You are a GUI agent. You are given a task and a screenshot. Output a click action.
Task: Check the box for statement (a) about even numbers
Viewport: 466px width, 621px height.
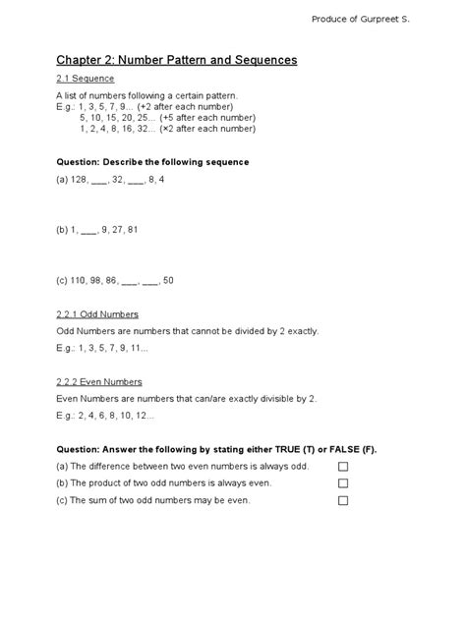(344, 467)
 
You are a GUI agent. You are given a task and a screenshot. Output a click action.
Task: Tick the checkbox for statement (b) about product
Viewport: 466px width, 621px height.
(344, 483)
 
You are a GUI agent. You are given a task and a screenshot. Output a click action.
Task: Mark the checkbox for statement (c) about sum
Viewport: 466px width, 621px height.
(344, 500)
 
